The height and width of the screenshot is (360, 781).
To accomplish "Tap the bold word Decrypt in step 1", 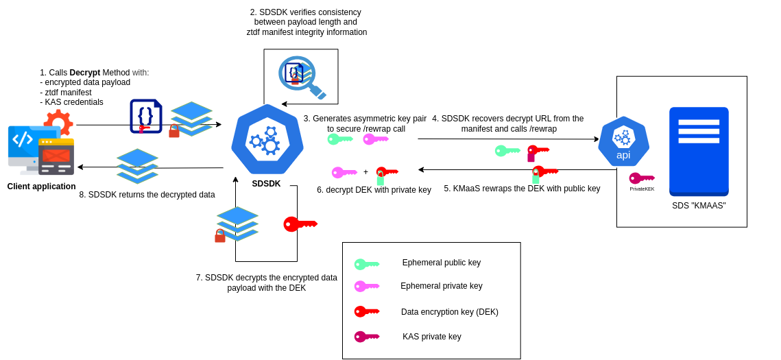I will point(84,73).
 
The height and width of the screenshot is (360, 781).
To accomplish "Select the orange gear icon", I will point(59,121).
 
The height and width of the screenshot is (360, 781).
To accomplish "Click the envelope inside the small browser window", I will point(56,156).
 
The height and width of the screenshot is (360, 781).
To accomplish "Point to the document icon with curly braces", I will point(145,116).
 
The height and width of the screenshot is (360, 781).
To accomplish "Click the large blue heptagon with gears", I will point(267,139).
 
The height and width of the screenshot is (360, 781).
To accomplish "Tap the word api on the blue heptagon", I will point(623,155).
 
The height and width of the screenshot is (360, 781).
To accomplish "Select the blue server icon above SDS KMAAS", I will point(699,151).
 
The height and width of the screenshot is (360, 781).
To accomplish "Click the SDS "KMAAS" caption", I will point(699,206).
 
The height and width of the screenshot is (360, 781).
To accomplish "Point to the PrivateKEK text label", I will point(642,189).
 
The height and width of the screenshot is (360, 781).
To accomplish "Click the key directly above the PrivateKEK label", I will point(642,178).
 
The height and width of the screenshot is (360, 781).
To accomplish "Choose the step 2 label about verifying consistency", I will point(307,22).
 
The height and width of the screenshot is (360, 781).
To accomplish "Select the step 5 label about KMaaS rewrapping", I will point(522,189).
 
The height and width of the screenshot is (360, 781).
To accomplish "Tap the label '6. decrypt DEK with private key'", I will point(374,190).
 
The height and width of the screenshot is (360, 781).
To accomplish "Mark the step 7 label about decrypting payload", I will point(267,283).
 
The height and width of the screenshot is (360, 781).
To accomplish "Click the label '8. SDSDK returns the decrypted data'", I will point(147,195).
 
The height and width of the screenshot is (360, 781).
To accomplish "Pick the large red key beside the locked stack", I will point(300,224).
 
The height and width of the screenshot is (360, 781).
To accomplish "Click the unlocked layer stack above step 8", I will point(137,166).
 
